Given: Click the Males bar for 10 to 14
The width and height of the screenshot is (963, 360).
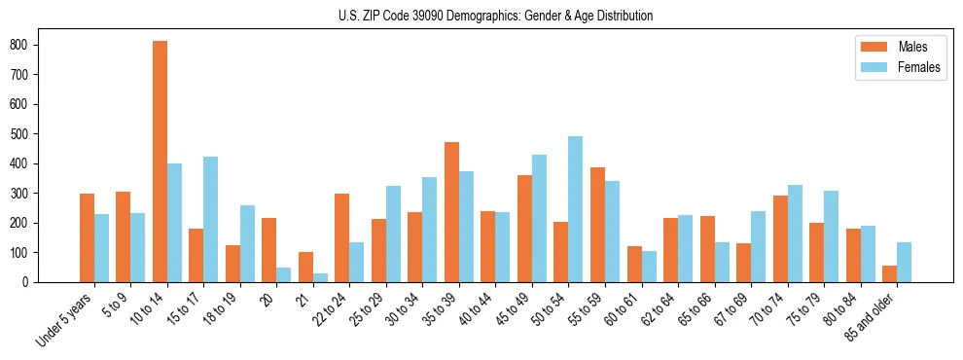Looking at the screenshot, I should tap(160, 162).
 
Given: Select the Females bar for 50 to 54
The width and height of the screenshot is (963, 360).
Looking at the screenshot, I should tap(576, 209).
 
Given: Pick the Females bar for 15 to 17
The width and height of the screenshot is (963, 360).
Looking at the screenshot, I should tap(211, 219).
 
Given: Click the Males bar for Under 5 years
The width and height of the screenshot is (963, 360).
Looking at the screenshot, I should tap(87, 237).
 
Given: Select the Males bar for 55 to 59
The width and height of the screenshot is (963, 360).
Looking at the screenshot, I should tap(597, 225).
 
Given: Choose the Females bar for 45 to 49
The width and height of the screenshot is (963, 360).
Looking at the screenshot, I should tap(539, 218).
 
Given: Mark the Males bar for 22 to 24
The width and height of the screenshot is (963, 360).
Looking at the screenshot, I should tap(342, 237).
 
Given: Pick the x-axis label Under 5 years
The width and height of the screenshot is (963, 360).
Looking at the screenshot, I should tap(65, 318).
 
